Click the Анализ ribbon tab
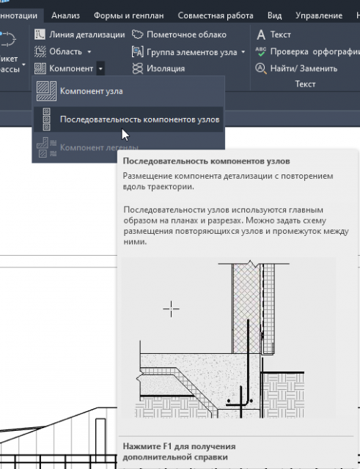tap(65, 15)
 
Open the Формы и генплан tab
tap(129, 15)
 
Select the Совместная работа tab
tap(216, 15)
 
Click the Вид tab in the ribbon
tap(274, 15)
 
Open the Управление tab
tap(319, 15)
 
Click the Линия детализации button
tap(80, 34)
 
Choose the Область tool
tap(63, 52)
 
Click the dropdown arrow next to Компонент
tap(100, 69)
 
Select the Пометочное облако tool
tap(179, 34)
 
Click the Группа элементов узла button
tap(188, 52)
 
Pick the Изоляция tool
tap(158, 69)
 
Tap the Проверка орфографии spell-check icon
tap(260, 52)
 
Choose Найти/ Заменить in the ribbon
tap(296, 69)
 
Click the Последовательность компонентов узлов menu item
tap(129, 119)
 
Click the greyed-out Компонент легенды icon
tap(46, 147)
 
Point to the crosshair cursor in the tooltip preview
tap(171, 309)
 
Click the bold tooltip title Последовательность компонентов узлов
tap(207, 161)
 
